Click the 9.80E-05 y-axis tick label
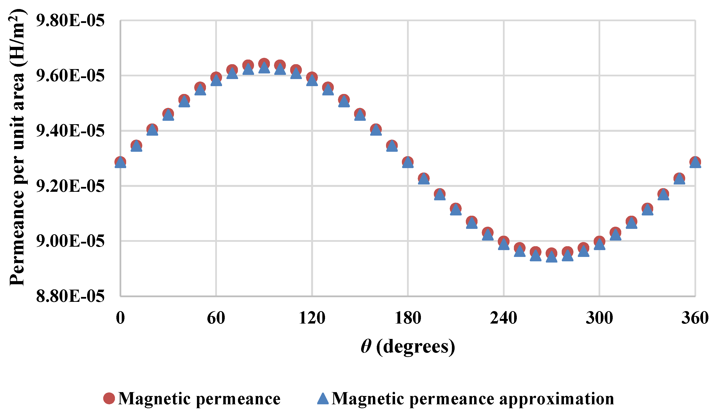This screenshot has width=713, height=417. (70, 21)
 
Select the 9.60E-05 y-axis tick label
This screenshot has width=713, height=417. (70, 76)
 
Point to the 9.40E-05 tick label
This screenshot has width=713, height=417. (70, 131)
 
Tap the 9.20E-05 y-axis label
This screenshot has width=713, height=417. (70, 186)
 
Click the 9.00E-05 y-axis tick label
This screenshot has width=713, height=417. (70, 241)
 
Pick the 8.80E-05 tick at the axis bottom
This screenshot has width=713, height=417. (70, 296)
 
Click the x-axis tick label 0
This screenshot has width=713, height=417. (120, 318)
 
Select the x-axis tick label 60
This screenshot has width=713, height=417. (216, 318)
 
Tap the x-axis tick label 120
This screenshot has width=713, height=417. (312, 318)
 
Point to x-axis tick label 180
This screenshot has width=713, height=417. (408, 318)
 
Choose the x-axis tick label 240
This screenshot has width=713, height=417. (503, 318)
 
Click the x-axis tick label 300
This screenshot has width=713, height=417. (599, 318)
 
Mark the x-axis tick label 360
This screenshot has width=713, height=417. (695, 318)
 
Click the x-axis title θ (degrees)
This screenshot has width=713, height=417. (408, 346)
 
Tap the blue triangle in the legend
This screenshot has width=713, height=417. (323, 398)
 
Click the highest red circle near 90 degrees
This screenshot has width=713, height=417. (264, 63)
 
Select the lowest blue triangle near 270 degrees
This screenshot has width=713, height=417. (551, 257)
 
